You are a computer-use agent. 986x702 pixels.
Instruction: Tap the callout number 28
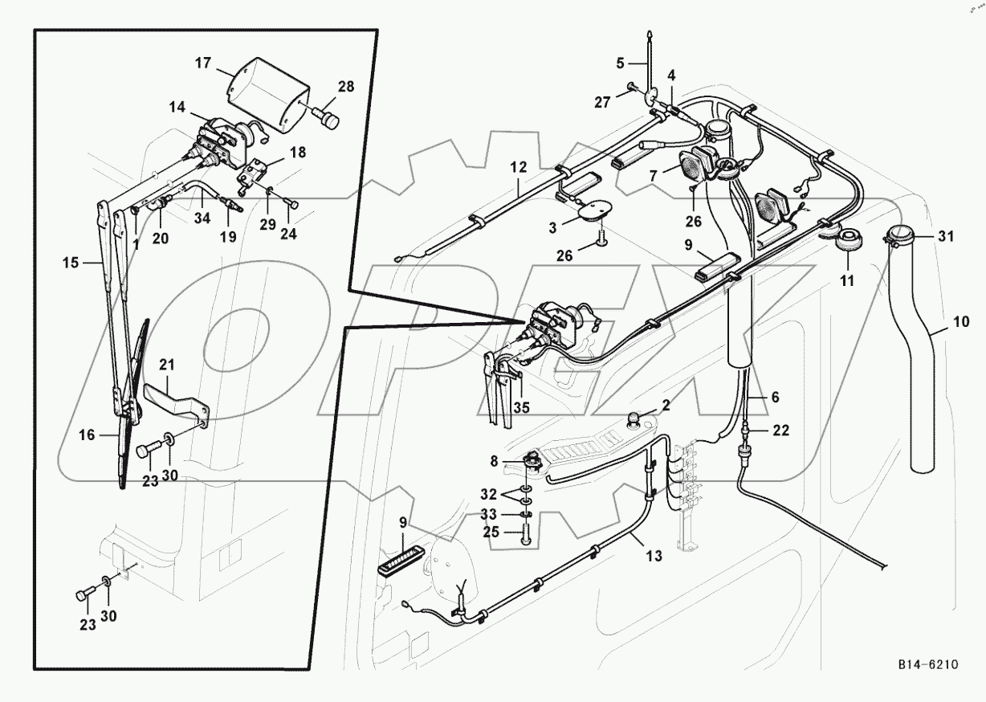click(x=346, y=88)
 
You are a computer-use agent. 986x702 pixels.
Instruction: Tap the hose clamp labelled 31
click(x=900, y=234)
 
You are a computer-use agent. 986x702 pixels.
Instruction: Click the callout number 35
click(x=522, y=407)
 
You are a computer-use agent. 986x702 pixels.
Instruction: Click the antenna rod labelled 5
click(x=650, y=56)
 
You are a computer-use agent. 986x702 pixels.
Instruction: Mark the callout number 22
click(x=780, y=431)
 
